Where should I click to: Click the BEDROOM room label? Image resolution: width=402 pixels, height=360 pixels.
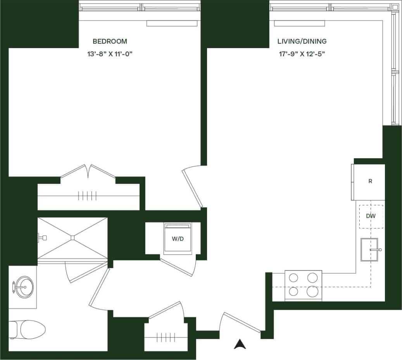[110, 41]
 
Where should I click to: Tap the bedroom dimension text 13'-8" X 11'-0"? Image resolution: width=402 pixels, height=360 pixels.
[110, 54]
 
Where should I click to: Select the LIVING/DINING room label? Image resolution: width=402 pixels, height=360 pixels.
[302, 41]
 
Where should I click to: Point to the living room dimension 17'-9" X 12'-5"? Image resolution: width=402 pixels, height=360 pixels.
[302, 54]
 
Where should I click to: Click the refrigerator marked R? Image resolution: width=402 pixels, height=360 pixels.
[370, 182]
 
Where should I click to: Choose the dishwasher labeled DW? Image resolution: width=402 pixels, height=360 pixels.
[371, 216]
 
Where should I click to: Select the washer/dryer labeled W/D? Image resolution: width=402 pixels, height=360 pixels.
[178, 239]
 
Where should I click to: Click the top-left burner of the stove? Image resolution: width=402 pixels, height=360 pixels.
[294, 277]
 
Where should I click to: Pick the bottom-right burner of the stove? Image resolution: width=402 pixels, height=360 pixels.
[312, 291]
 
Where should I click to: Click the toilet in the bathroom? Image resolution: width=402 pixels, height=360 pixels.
[29, 329]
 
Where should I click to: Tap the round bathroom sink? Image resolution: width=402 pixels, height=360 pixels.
[24, 287]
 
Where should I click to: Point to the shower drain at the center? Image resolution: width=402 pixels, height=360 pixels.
[72, 237]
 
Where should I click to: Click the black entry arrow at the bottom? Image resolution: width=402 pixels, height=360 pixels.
[240, 344]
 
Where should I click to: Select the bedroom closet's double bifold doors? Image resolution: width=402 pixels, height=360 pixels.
[88, 171]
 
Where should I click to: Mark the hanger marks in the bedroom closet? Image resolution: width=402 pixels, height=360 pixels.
[87, 196]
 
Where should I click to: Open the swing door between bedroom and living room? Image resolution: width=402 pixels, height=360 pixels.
[192, 187]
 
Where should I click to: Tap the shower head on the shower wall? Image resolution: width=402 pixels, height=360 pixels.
[42, 237]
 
